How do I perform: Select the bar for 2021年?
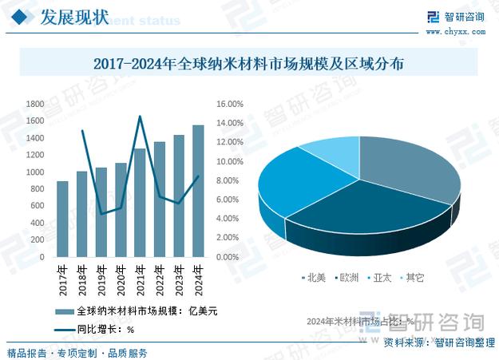(x=140, y=203)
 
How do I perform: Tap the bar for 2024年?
(x=198, y=191)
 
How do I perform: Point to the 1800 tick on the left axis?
(x=35, y=104)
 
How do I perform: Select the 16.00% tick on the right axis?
(x=230, y=104)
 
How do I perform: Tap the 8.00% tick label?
(x=230, y=180)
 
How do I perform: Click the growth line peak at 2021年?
(x=140, y=117)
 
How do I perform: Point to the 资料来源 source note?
(x=439, y=342)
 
